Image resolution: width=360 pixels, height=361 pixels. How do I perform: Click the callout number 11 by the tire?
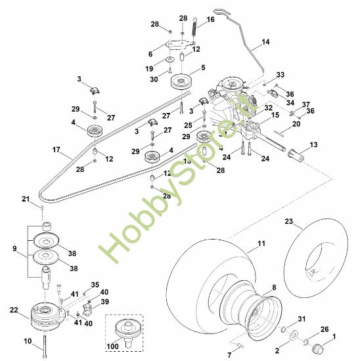pos(261,244)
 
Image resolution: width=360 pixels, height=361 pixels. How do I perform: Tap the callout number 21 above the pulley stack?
pos(26,199)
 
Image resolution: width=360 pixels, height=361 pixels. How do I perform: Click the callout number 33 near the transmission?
pos(280,75)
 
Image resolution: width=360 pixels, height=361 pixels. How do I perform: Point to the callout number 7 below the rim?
pos(229,354)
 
